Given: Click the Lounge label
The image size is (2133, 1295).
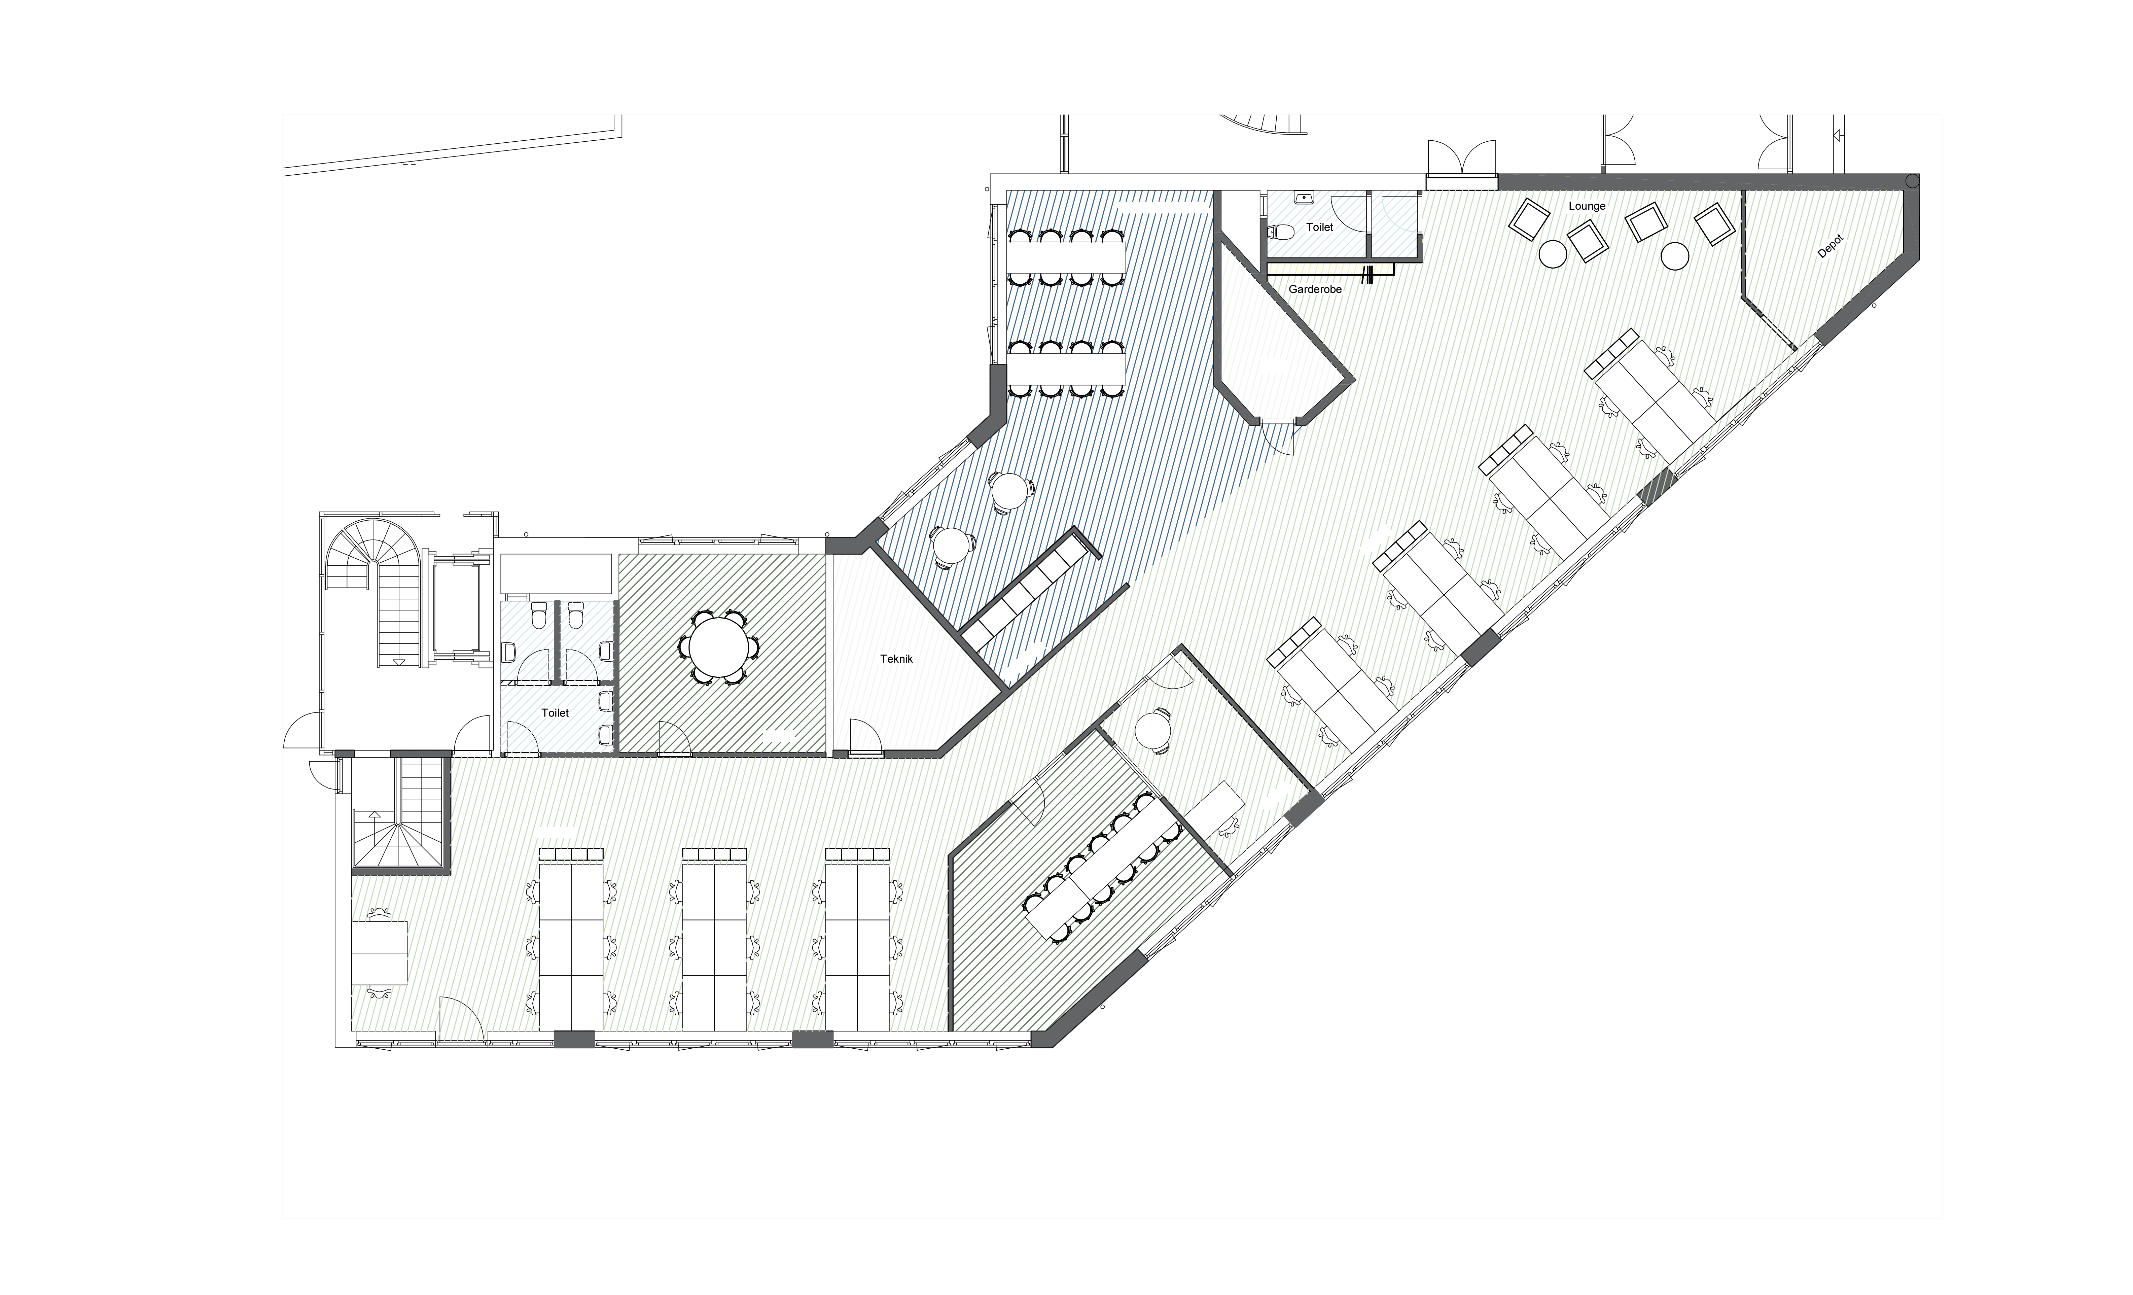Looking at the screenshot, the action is pyautogui.click(x=1587, y=206).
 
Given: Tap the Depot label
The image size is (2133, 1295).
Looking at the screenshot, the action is pyautogui.click(x=1830, y=246).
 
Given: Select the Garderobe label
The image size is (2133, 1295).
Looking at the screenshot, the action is pyautogui.click(x=1315, y=289).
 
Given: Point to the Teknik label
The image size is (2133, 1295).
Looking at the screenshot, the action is pyautogui.click(x=897, y=659).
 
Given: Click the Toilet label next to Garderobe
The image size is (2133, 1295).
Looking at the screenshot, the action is pyautogui.click(x=1320, y=227).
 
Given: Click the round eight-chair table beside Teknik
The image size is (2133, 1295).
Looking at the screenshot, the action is pyautogui.click(x=719, y=646).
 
